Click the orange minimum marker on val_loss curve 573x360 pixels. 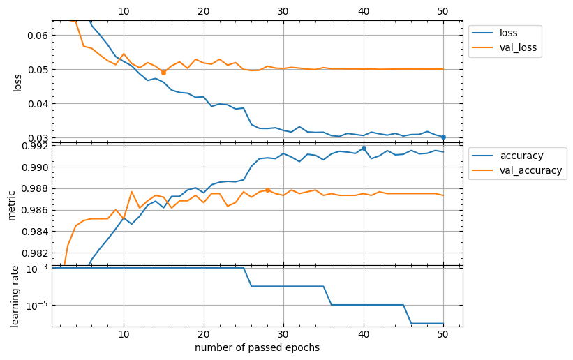tap(164, 73)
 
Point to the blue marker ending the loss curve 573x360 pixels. tap(443, 137)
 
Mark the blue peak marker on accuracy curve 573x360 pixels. tap(364, 148)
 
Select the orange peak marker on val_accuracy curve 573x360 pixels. tap(267, 190)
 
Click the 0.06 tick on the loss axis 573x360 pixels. tap(36, 36)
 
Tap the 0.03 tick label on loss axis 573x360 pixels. tap(36, 138)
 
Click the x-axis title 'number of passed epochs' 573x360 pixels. tap(257, 347)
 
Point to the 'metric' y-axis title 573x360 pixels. tap(12, 204)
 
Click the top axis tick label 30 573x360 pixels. tap(283, 11)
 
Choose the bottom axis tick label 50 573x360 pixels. tap(443, 335)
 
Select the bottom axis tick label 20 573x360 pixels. tap(204, 335)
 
